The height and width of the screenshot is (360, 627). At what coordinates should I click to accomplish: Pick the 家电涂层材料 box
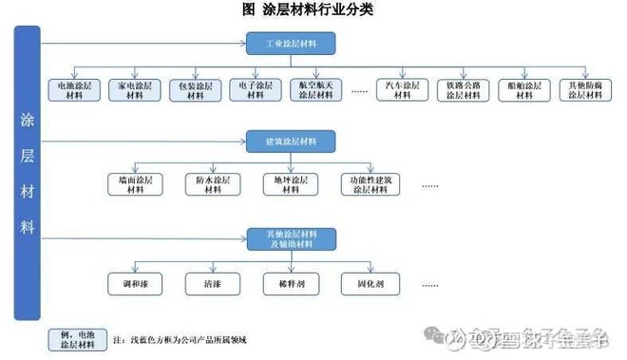tap(132, 90)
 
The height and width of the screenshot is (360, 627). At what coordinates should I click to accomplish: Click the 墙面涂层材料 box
tap(135, 184)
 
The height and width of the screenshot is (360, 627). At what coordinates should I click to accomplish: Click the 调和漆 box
tap(135, 282)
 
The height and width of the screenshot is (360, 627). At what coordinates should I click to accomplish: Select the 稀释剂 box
tap(291, 282)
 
